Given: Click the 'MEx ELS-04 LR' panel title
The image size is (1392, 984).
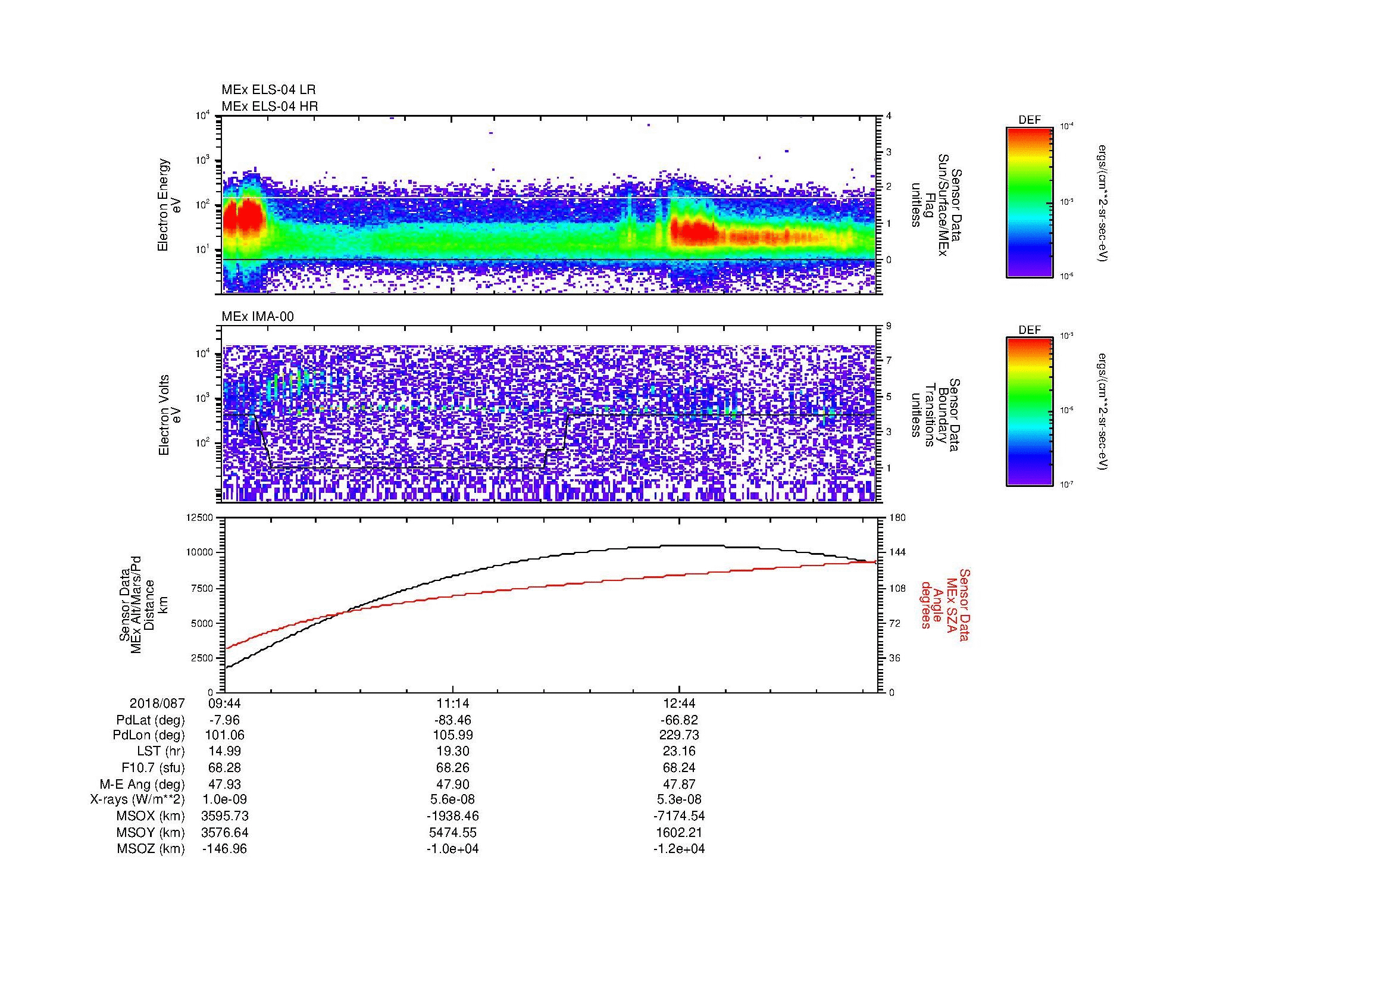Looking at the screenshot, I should [268, 90].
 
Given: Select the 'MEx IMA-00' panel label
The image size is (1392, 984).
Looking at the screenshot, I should [257, 317].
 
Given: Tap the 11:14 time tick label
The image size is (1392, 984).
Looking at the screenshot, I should [452, 704].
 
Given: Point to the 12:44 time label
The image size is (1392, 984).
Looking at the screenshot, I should [679, 704].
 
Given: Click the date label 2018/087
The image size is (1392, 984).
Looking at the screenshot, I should [157, 704].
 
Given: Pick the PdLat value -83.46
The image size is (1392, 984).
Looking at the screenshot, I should [452, 720].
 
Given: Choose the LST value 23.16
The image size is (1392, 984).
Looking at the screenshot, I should [679, 752].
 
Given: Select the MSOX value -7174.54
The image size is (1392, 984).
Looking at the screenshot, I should [679, 816].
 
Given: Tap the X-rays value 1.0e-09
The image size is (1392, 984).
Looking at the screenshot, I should [224, 799].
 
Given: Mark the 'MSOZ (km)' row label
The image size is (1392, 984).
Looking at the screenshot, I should [151, 849].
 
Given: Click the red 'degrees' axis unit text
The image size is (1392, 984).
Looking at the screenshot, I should [926, 606].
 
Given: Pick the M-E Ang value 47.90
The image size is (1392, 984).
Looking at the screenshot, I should [452, 784].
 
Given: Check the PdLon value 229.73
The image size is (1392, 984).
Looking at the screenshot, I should [679, 736].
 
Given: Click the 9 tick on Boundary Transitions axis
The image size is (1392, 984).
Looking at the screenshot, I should [889, 326].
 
